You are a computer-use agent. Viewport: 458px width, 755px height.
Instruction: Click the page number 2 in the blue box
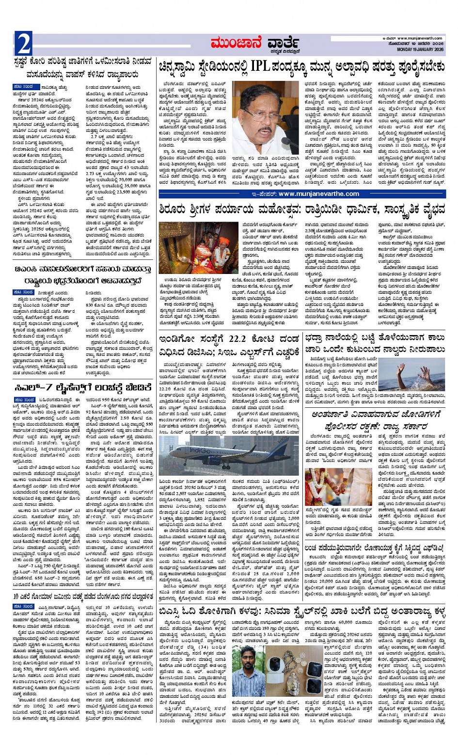(x=23, y=44)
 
